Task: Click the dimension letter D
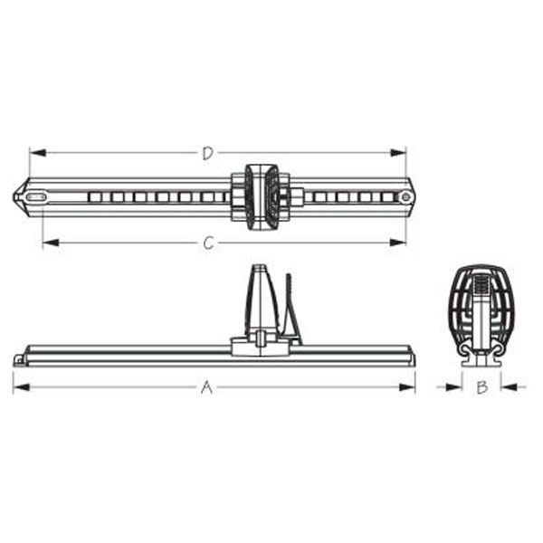click(207, 154)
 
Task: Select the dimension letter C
click(209, 243)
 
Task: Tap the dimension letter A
click(206, 387)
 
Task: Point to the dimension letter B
click(482, 387)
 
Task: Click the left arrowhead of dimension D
click(33, 152)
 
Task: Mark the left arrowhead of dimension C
click(46, 242)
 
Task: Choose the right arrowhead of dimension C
click(401, 242)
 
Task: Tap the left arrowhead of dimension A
click(17, 387)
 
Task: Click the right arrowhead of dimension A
click(410, 387)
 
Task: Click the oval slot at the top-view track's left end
click(36, 196)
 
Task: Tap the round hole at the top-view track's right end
click(406, 196)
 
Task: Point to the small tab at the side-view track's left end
click(19, 360)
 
